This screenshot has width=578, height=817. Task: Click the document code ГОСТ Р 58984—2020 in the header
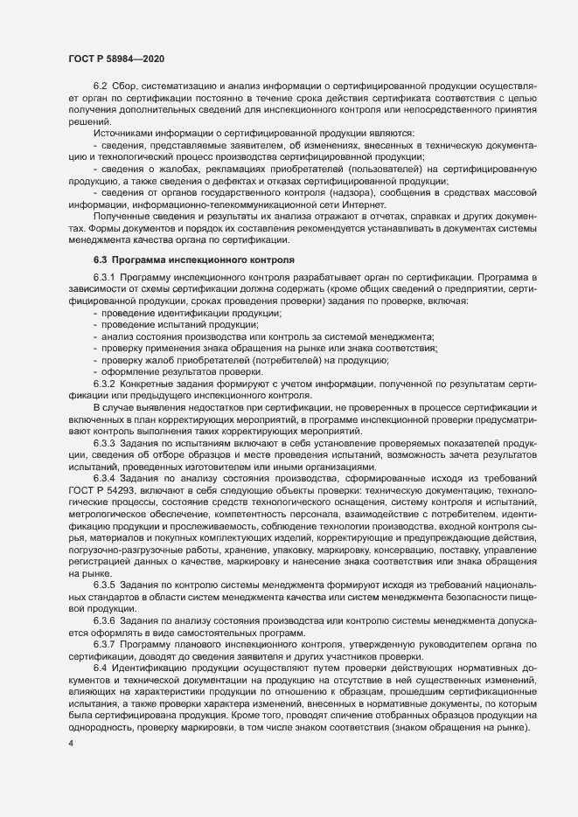(x=115, y=58)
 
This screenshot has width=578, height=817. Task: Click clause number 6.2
(x=101, y=85)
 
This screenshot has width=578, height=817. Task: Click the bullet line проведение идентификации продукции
(x=191, y=312)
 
